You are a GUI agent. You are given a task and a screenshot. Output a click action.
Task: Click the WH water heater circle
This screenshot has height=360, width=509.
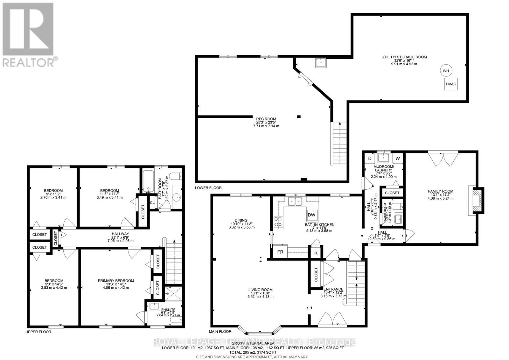tap(446, 71)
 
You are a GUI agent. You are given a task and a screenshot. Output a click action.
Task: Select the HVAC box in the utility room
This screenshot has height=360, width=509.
tap(451, 84)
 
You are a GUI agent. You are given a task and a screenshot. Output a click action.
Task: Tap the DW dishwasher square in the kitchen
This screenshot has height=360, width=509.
tap(311, 215)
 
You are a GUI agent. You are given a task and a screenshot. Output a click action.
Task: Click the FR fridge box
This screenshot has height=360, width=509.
tap(280, 251)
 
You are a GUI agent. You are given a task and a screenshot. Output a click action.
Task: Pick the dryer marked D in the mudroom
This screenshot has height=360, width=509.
tap(370, 158)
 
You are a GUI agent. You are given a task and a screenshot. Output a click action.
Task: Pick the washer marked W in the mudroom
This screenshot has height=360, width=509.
tap(398, 158)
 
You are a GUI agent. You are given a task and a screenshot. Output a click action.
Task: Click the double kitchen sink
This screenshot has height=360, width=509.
tap(295, 201)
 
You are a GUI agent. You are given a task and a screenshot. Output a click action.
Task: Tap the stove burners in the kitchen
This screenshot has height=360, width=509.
tap(278, 221)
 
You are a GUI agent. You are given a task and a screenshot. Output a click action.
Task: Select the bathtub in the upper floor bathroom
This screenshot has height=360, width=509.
tap(148, 182)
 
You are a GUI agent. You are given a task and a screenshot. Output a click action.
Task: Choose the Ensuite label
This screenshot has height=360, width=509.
tap(168, 309)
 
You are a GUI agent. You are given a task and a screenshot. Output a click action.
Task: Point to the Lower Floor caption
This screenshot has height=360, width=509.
tap(208, 188)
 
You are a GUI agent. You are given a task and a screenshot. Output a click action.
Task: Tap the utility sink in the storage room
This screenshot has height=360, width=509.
tap(321, 63)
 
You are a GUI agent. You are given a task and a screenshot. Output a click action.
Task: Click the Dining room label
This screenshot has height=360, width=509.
tap(241, 220)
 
